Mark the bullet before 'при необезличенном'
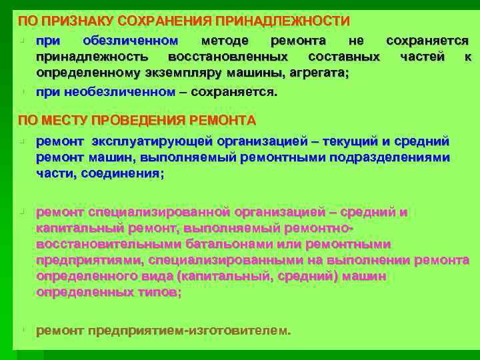22,91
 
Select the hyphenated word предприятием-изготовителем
187,330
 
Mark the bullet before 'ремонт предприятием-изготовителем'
22,329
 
